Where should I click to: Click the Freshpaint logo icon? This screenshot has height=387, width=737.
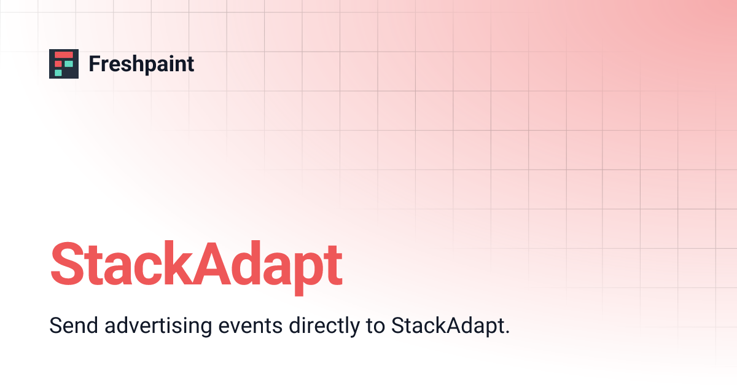pos(64,64)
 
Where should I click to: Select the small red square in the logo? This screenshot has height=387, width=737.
pos(59,64)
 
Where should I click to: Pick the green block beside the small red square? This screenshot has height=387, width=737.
pos(69,64)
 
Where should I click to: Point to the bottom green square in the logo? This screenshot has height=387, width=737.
pos(58,72)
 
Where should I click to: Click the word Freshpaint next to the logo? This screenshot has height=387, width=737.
pos(141,64)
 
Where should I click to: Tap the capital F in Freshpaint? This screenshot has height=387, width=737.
pos(94,64)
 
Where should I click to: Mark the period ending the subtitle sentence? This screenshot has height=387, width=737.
pos(507,332)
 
